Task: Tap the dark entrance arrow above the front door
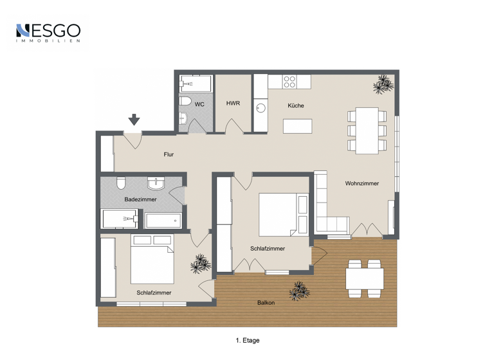[134, 119]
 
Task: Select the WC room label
[199, 104]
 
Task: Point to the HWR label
[232, 104]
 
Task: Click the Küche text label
[296, 105]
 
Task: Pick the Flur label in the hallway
[169, 154]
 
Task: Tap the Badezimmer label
[141, 200]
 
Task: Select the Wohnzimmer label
[361, 183]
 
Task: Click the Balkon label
[266, 303]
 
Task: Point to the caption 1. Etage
[247, 341]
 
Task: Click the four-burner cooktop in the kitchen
[290, 82]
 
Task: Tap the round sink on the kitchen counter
[261, 108]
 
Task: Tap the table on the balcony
[364, 278]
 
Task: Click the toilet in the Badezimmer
[120, 184]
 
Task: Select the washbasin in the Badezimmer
[156, 184]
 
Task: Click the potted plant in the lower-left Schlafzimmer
[201, 263]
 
